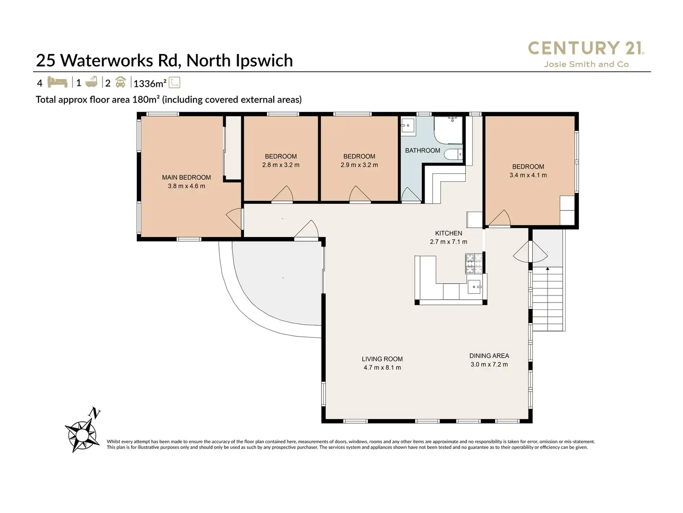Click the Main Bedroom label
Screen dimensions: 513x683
[186, 177]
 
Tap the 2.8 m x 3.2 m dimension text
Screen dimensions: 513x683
[281, 165]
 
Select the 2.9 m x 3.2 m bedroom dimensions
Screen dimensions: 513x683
[359, 165]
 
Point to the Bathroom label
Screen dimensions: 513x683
[422, 151]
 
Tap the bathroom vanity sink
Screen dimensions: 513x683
[408, 125]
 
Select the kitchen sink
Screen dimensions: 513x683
[474, 287]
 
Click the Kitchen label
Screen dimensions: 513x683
[448, 233]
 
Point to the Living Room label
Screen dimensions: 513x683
[382, 359]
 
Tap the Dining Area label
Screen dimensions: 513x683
[489, 356]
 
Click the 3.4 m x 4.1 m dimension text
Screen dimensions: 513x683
[528, 175]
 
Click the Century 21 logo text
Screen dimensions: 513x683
[586, 48]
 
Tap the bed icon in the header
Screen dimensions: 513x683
[58, 83]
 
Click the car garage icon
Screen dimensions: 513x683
[120, 83]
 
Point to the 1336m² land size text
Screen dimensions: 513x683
[149, 84]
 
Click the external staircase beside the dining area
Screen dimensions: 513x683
[548, 300]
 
